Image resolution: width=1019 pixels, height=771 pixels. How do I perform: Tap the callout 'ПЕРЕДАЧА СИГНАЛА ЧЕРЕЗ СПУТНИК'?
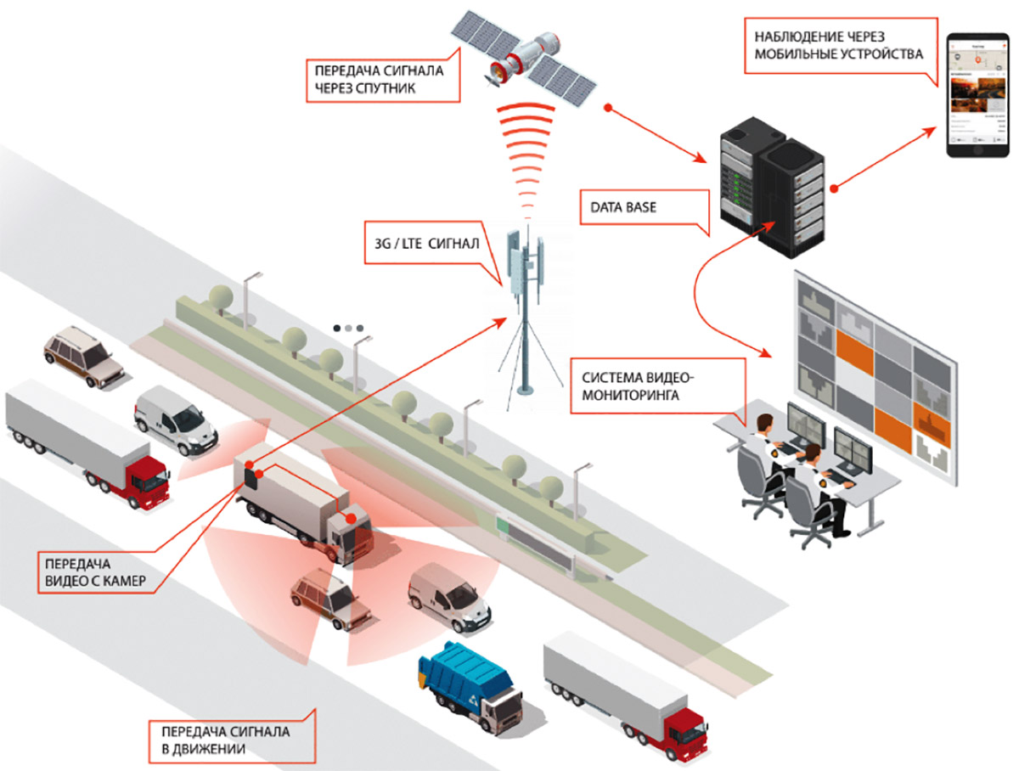point(378,79)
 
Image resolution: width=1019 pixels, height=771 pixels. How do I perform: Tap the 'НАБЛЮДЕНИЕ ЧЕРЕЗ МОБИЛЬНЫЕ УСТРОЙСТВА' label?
point(837,47)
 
